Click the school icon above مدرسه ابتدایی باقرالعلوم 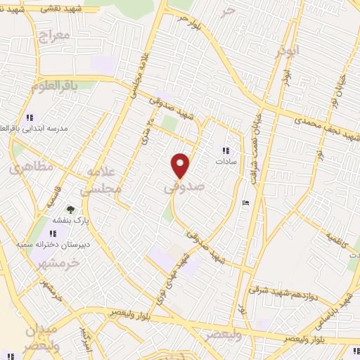tap(29, 117)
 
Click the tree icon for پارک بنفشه tap(70, 209)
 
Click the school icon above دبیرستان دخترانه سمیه tap(53, 233)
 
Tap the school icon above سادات tap(226, 150)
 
